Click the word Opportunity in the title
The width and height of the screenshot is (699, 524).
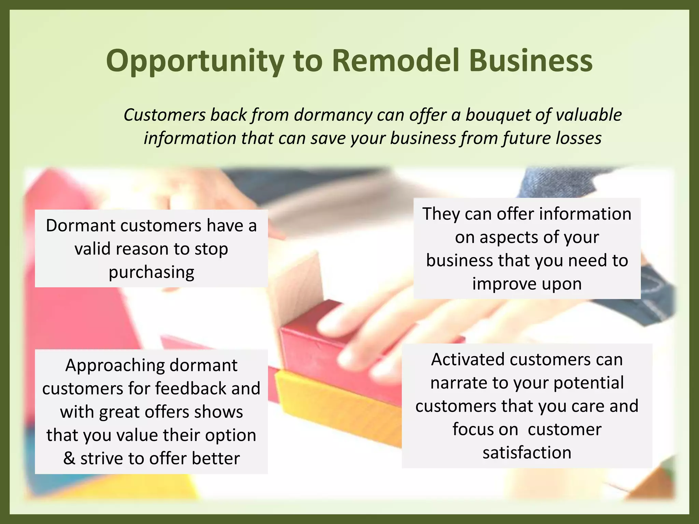pos(195,61)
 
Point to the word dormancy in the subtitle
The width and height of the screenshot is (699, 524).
pos(333,115)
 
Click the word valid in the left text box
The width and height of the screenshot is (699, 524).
pos(92,249)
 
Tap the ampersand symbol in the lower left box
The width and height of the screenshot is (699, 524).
pos(69,458)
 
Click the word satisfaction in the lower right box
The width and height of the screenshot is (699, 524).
pos(527,453)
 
